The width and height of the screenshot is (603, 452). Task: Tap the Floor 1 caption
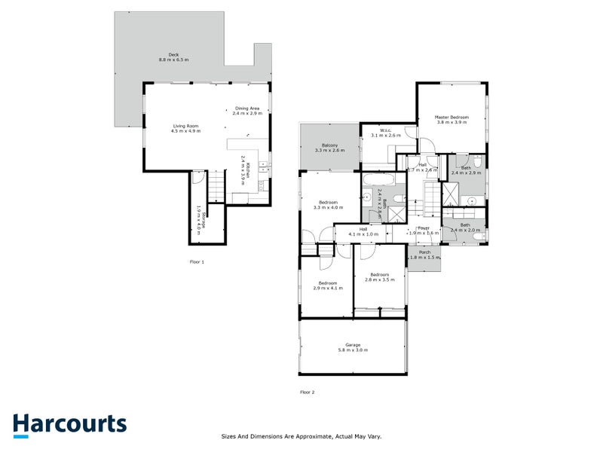[197, 261]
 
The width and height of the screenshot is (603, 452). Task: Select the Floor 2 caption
[307, 392]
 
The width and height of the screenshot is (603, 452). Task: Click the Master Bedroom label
[451, 118]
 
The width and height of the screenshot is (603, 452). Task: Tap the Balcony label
[329, 145]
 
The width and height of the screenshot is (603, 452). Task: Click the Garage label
[353, 346]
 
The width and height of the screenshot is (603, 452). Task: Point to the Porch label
[424, 252]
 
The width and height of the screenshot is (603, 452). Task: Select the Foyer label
[424, 228]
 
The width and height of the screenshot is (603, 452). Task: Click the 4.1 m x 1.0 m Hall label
[363, 234]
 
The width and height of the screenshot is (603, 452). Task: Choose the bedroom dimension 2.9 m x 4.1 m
[327, 288]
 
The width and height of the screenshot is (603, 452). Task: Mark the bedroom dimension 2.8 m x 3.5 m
[378, 279]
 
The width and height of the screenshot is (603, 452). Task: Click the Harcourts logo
[69, 423]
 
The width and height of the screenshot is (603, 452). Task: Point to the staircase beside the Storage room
[216, 187]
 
